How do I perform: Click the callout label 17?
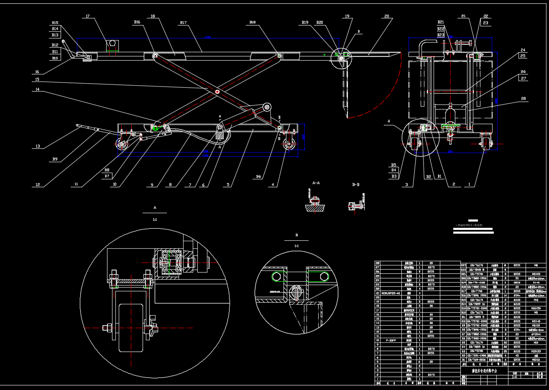88,17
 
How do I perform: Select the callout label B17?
183,23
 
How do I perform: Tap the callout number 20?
386,16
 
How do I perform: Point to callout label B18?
252,23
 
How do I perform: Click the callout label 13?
38,146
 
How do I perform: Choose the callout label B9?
55,159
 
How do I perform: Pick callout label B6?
259,177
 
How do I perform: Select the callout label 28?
523,99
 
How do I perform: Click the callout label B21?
441,22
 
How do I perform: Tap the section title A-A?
316,183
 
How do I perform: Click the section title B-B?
355,184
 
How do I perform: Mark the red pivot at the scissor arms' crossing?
217,92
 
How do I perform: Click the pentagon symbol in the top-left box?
112,44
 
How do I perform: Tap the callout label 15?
37,79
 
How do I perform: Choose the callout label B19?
305,23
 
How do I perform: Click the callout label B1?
439,177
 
